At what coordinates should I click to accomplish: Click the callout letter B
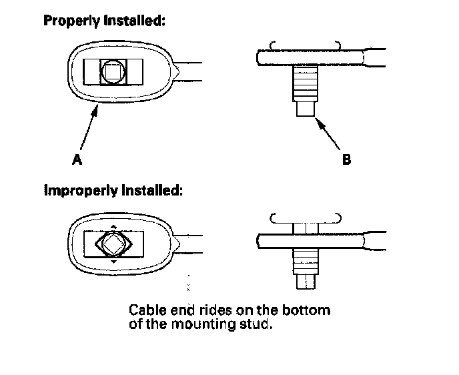point(346,160)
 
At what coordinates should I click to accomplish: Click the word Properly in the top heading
point(71,21)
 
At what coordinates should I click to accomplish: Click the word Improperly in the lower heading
point(79,190)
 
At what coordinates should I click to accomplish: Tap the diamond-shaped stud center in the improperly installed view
point(114,245)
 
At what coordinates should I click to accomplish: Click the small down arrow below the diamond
point(114,263)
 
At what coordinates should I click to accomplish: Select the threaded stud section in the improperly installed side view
point(306,260)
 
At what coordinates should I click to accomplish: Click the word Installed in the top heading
point(133,21)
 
